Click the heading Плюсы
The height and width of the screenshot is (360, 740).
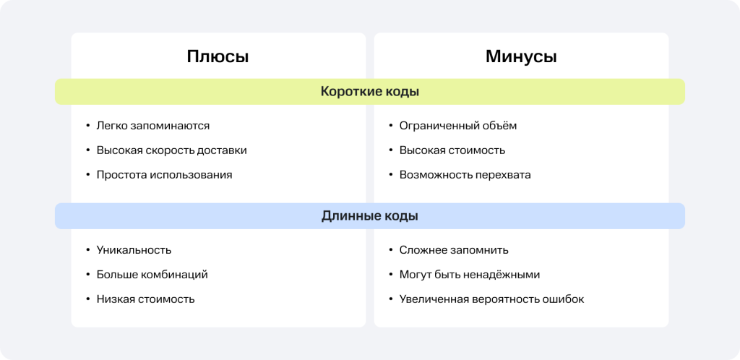tap(218, 57)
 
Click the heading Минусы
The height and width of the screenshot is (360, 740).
tap(521, 56)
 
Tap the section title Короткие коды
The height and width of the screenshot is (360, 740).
tap(370, 92)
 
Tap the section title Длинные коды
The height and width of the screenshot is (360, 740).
tap(370, 216)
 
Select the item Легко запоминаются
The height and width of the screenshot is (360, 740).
tap(153, 126)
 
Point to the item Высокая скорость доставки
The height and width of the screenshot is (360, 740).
tap(172, 150)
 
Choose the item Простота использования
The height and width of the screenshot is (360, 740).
tap(164, 174)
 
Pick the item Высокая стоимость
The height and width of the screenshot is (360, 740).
tap(452, 150)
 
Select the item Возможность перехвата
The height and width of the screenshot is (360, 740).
tap(465, 175)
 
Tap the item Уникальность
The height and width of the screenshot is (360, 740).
tap(134, 250)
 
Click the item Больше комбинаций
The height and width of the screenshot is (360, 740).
tap(152, 275)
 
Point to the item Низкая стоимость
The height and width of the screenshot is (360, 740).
tap(145, 299)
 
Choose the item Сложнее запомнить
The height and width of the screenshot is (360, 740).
tap(454, 250)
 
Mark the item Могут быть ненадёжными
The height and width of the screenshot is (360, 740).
tap(470, 275)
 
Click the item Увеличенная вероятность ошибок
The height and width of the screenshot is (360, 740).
tap(491, 299)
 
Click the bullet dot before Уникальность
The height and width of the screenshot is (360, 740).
tap(87, 250)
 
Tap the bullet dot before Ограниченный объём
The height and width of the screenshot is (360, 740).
tap(391, 126)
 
